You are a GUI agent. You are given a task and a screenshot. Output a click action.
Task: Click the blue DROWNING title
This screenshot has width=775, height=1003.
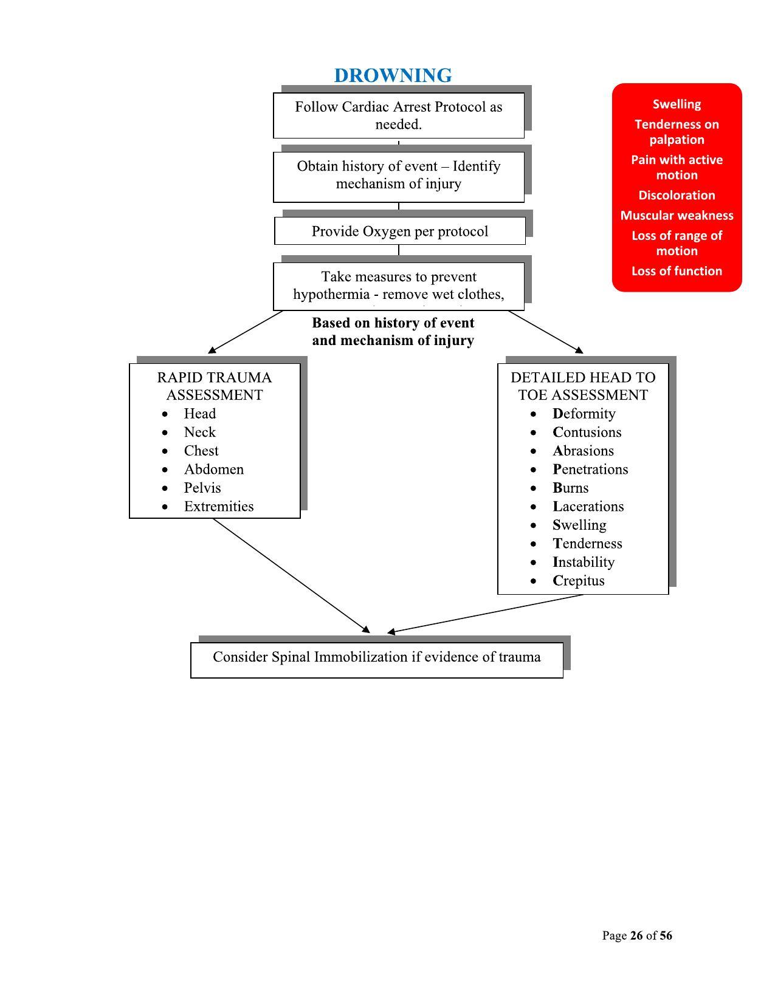tap(393, 75)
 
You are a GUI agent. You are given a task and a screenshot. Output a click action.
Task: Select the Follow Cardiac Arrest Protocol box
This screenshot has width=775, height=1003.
tap(399, 115)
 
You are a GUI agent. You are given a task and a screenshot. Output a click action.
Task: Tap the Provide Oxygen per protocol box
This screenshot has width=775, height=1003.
tap(400, 231)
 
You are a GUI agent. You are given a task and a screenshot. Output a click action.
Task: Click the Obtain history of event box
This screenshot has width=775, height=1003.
tap(399, 175)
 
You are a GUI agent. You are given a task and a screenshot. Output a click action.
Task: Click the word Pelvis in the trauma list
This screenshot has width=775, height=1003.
tap(202, 488)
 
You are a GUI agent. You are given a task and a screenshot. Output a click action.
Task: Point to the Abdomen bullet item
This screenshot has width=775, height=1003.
tap(214, 470)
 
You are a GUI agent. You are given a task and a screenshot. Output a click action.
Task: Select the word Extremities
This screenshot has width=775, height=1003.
tap(219, 507)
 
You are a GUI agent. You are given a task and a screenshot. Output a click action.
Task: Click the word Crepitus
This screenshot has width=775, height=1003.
tap(579, 581)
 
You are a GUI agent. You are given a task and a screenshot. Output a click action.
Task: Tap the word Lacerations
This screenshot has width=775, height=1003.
tap(588, 507)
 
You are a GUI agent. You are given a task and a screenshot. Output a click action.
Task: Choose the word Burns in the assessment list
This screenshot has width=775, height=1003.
tap(571, 488)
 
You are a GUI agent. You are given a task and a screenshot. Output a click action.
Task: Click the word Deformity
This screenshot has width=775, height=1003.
tap(584, 414)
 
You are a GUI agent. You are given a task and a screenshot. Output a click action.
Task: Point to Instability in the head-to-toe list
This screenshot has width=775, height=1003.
tap(584, 562)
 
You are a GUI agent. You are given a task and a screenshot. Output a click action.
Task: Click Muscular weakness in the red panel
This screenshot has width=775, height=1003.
tap(677, 216)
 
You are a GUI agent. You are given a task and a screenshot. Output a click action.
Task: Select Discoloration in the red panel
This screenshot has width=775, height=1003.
tap(677, 196)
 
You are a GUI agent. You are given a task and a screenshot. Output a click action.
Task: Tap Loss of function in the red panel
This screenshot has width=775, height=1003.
tap(677, 271)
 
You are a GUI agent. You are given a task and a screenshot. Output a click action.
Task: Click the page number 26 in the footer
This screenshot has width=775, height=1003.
tap(636, 936)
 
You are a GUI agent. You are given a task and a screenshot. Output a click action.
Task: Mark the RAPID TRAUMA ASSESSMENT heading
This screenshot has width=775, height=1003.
tap(215, 386)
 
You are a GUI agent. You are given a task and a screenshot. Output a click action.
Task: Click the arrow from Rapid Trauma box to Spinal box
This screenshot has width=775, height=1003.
tap(292, 576)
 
